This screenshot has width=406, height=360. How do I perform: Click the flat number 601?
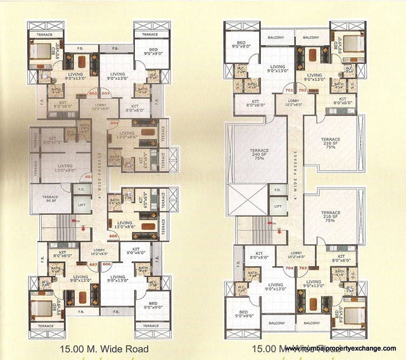pos(88,176)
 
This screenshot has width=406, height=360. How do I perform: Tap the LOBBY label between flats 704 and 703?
pos(296,255)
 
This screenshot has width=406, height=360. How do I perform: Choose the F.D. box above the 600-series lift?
pos(81,189)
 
